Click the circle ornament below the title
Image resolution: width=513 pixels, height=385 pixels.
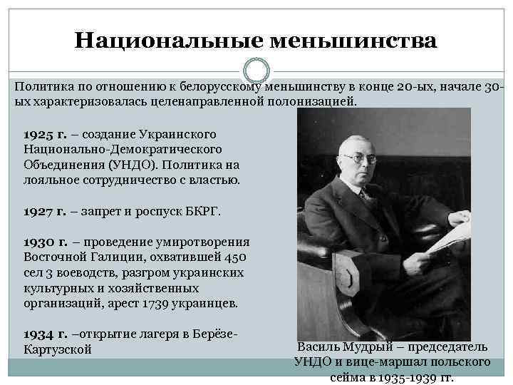click(256, 71)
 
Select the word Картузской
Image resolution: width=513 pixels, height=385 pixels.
click(58, 349)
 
